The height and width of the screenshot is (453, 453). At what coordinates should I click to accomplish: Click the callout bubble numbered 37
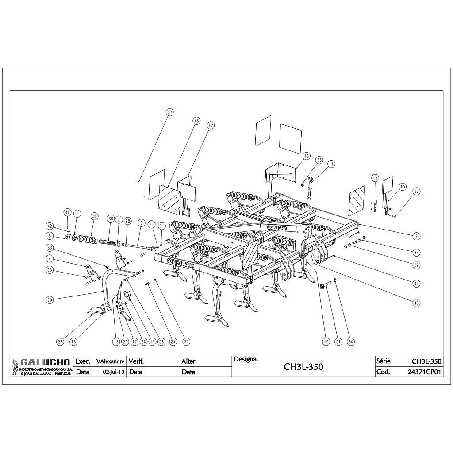point(169,112)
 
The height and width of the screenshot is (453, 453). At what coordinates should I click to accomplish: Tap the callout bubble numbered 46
point(196,121)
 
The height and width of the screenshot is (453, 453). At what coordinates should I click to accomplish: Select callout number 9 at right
point(416,236)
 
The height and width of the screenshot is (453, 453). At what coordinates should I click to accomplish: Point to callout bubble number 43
point(416,303)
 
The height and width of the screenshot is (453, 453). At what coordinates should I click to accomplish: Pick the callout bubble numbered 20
point(50,300)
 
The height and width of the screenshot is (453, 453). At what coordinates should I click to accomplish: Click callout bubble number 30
point(186,342)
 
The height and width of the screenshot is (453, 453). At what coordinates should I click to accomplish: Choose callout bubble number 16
point(326,342)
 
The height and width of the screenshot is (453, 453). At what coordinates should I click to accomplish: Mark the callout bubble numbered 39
point(94,216)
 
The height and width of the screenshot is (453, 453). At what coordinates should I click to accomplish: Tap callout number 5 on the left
point(50,236)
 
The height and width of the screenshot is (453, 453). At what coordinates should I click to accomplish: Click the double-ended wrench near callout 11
point(310,188)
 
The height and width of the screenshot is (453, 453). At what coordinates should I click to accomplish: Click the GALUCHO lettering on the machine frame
point(276,228)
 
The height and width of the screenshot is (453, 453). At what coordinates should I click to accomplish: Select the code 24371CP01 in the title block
point(424,372)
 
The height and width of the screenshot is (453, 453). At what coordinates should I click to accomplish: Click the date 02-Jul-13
point(114,372)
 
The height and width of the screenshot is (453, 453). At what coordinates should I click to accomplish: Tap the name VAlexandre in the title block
point(110,361)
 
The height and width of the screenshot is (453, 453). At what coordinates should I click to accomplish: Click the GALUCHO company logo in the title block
point(42,367)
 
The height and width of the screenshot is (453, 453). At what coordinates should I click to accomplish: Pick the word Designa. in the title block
point(246,359)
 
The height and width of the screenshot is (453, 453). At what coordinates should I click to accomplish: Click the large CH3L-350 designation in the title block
point(303,367)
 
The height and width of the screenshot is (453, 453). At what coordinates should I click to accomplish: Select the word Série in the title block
point(383,361)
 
